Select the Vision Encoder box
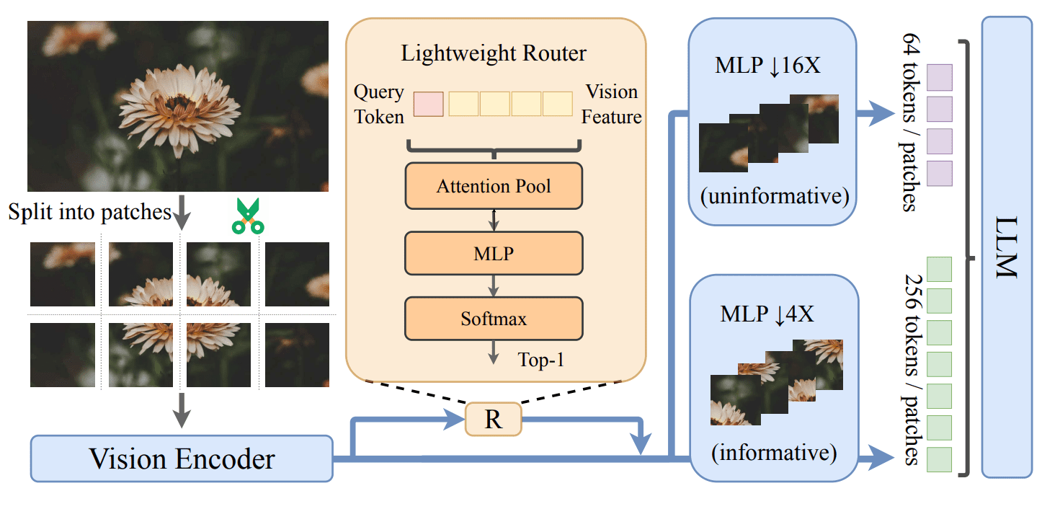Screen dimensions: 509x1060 pos(182,459)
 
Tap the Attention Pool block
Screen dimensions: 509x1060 pos(494,187)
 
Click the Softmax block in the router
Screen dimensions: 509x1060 pos(494,318)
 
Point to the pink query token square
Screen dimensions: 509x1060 pos(429,104)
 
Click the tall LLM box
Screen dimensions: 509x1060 pos(1007,247)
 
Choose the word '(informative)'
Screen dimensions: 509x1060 pos(773,453)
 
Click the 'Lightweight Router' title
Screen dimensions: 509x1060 pos(494,53)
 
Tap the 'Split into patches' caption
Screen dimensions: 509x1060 pos(90,212)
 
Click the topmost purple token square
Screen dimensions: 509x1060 pos(940,77)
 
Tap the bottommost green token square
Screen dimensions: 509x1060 pos(939,459)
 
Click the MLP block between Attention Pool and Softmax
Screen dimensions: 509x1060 pos(494,252)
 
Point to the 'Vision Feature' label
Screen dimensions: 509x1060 pos(612,104)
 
